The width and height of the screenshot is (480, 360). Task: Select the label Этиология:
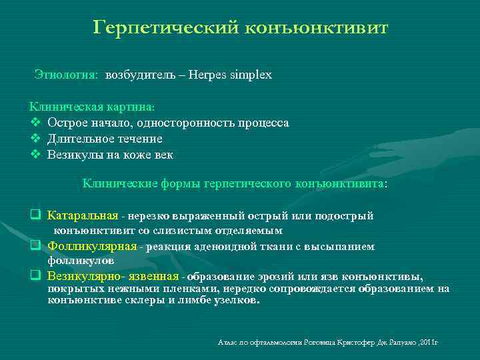click(66, 75)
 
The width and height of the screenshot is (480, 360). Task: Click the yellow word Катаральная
click(83, 216)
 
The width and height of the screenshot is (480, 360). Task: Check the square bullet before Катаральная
click(35, 216)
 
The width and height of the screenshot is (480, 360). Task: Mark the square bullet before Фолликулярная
click(35, 247)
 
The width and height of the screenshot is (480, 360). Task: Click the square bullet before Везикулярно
click(35, 276)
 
